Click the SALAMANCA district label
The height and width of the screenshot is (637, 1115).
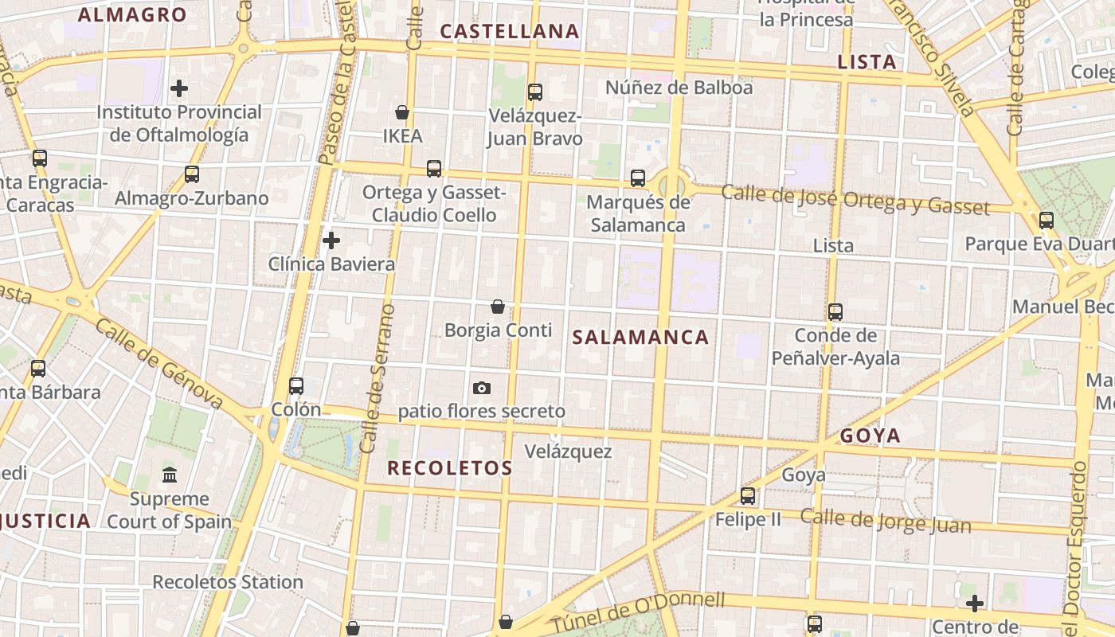(x=640, y=337)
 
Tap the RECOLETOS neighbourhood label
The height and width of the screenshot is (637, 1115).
(x=450, y=468)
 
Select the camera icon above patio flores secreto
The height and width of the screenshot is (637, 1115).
(x=482, y=388)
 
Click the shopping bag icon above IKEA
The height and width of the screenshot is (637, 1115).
(x=402, y=112)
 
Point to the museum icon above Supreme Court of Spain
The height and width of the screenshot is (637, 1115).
(x=170, y=475)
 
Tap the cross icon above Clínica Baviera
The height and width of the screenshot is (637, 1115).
(x=331, y=240)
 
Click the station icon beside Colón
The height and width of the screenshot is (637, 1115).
(x=296, y=386)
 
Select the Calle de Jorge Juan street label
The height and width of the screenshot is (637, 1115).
(x=886, y=521)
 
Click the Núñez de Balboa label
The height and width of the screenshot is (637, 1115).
(x=679, y=88)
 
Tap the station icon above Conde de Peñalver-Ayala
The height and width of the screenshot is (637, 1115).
(x=835, y=311)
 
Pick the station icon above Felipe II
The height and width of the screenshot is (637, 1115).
(x=748, y=496)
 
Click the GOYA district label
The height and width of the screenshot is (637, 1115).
(x=870, y=436)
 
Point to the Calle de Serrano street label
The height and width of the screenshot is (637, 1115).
(x=378, y=378)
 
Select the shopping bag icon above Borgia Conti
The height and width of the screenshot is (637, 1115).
(x=498, y=307)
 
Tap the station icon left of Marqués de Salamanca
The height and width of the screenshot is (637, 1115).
(x=638, y=178)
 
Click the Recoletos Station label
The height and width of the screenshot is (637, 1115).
(x=228, y=582)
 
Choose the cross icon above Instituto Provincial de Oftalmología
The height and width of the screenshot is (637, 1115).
(x=179, y=88)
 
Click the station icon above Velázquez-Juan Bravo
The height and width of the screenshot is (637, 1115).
(x=535, y=92)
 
